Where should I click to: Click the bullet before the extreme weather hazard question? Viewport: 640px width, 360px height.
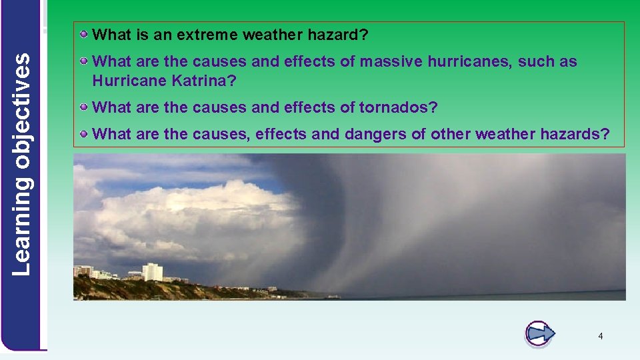click(84, 33)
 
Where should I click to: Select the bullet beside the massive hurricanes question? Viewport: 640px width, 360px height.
click(84, 61)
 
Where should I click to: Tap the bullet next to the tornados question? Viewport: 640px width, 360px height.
click(84, 107)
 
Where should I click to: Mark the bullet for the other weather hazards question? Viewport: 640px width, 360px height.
click(84, 134)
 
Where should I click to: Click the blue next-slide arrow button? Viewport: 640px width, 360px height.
click(539, 333)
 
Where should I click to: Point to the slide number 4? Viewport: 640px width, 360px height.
click(600, 337)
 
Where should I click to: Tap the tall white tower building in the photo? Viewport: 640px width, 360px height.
click(152, 271)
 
